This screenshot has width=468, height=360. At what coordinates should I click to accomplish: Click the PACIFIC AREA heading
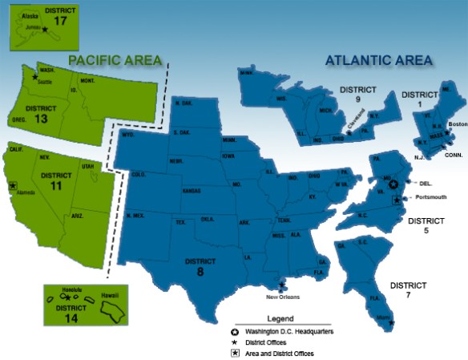click(115, 60)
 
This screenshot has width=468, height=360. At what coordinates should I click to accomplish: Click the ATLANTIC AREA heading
click(378, 59)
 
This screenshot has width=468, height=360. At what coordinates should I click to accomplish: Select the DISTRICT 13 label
click(42, 112)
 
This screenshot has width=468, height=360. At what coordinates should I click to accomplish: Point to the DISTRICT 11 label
click(55, 180)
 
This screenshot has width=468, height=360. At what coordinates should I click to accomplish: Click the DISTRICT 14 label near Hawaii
click(65, 308)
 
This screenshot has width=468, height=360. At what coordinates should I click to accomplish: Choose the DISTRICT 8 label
click(200, 265)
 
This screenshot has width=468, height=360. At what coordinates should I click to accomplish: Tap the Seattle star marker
click(34, 77)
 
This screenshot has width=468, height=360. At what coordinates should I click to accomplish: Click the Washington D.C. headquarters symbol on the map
click(393, 184)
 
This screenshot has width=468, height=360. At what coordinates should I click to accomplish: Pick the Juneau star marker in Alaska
click(46, 30)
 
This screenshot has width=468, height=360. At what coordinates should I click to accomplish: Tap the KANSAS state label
click(192, 191)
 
